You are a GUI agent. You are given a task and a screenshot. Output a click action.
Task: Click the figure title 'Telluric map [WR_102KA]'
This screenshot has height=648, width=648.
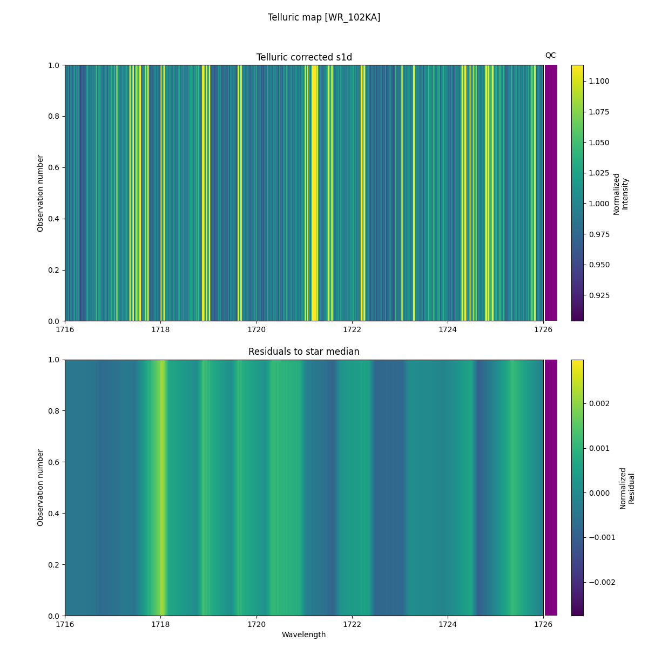tap(324, 17)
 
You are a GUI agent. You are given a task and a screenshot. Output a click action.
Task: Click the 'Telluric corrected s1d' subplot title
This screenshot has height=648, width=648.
tap(304, 57)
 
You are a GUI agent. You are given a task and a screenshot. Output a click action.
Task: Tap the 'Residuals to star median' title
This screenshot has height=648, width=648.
tap(303, 352)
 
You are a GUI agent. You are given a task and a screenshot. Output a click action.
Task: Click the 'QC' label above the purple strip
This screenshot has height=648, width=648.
tap(550, 55)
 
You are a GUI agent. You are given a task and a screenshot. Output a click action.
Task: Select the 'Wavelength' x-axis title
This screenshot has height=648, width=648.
tap(303, 634)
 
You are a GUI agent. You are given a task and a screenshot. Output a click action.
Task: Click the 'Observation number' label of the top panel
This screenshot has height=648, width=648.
tap(40, 193)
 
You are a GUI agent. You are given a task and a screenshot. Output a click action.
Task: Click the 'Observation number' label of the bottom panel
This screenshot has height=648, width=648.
tap(40, 488)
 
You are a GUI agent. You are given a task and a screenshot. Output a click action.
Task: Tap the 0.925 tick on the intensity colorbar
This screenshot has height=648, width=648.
tap(599, 295)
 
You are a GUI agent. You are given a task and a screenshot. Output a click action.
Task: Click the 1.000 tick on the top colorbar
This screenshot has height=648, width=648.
tap(599, 204)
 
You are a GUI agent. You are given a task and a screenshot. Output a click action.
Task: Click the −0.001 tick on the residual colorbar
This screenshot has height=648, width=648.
tap(600, 537)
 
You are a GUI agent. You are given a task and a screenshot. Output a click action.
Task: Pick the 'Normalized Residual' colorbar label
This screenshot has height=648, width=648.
tap(626, 488)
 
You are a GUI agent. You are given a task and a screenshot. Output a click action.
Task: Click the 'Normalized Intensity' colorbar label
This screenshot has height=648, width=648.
tap(620, 193)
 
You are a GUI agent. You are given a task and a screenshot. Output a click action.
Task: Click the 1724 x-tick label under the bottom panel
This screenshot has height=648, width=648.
tap(448, 624)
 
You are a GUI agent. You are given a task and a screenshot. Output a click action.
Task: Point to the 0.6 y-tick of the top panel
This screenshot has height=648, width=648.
tap(55, 167)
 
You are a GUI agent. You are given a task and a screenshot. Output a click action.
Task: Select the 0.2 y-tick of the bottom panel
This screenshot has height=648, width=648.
tap(55, 565)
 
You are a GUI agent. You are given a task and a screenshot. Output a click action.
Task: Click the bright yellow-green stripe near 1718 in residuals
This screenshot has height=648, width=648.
tap(161, 486)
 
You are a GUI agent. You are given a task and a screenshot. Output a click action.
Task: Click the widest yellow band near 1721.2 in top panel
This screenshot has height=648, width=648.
tap(314, 193)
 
